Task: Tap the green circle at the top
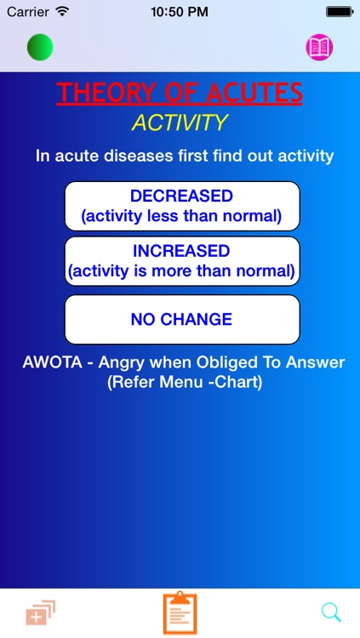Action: coord(40,47)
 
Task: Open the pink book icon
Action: coord(319,47)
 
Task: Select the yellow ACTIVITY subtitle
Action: coord(180,122)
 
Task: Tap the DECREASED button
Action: coord(181,206)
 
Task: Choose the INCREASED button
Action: coord(181,261)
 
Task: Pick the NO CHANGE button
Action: coord(181,320)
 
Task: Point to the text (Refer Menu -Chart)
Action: coord(185,383)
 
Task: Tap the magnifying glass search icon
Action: coord(331,612)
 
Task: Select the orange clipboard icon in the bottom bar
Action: coord(180,613)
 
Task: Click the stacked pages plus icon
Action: coord(40,612)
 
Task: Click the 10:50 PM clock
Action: coord(180,12)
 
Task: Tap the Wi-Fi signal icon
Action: coord(62,12)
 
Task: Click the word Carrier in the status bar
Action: coord(28,12)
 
